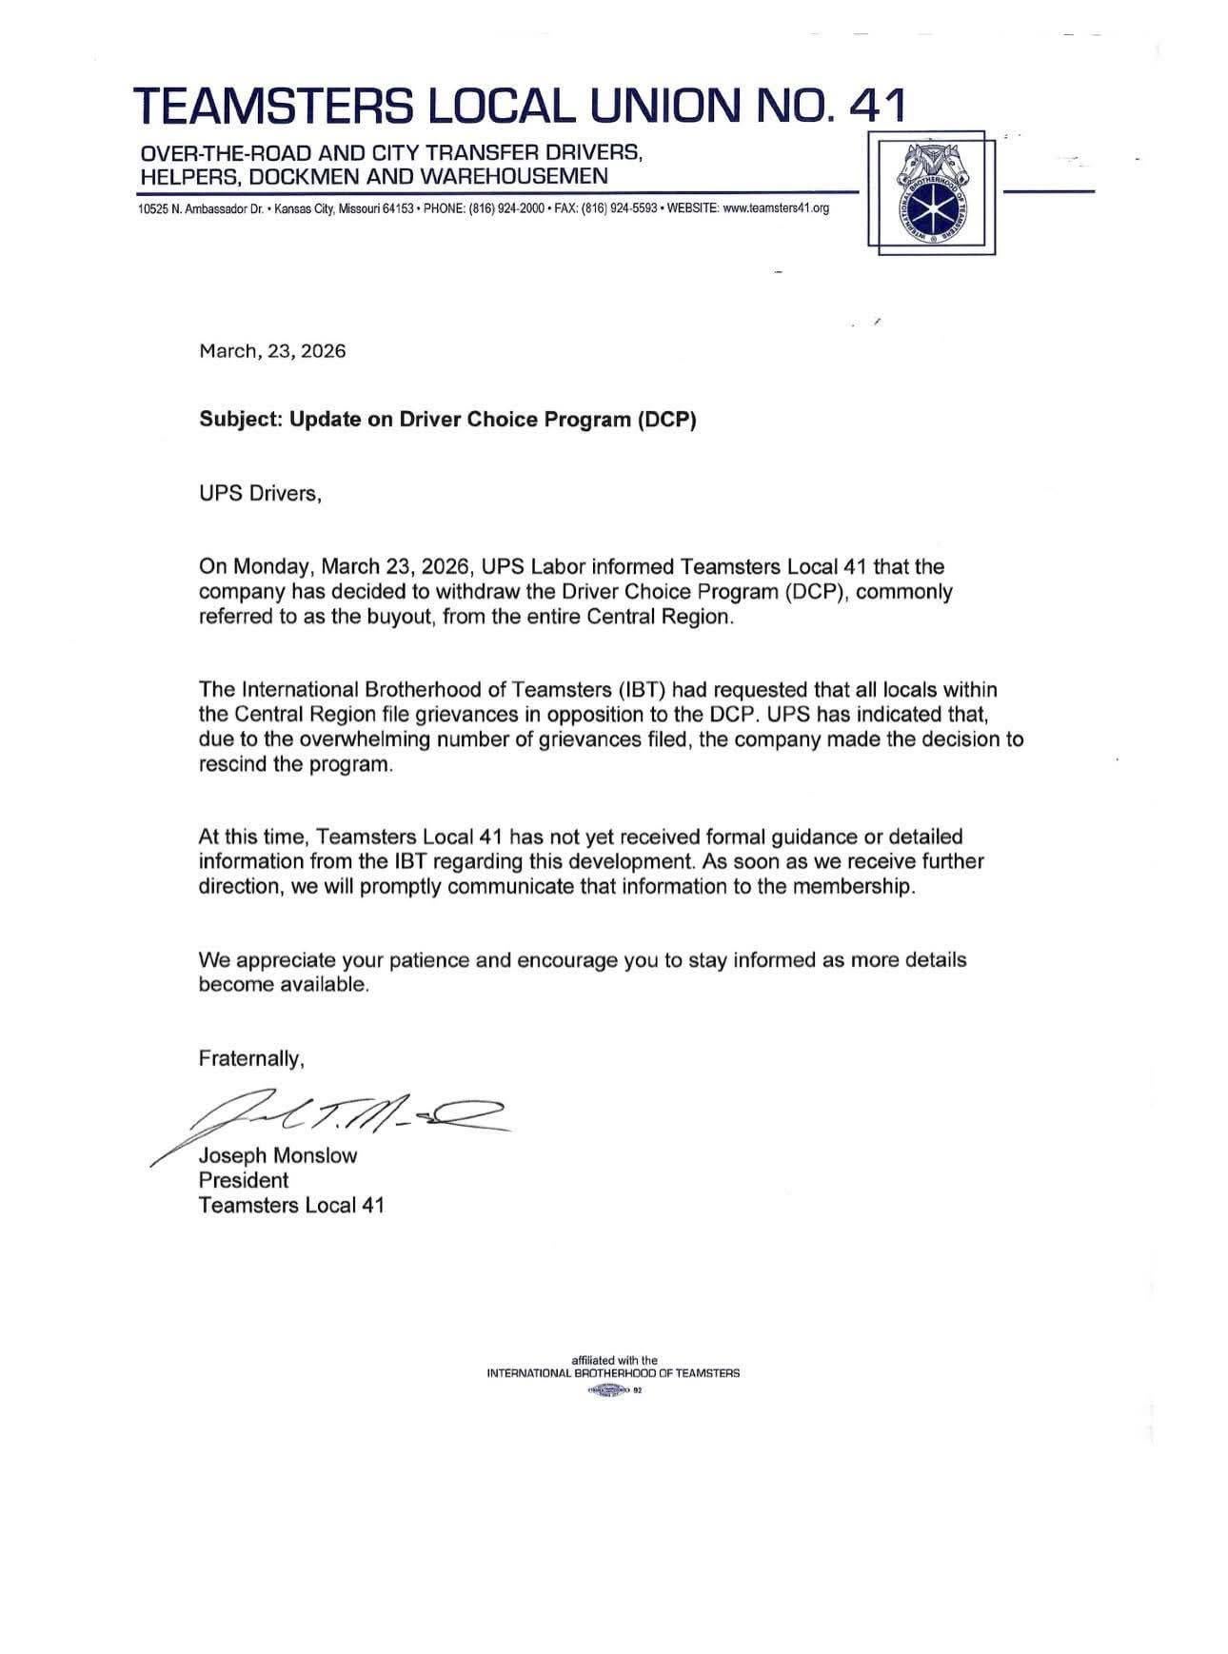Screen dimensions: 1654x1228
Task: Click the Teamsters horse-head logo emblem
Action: [x=932, y=193]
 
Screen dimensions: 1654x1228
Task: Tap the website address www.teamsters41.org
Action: [x=776, y=208]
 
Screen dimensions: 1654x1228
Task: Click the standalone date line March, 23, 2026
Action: [x=272, y=351]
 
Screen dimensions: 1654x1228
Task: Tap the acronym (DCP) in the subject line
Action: [x=666, y=420]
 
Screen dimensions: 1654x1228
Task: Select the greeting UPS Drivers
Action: [x=260, y=495]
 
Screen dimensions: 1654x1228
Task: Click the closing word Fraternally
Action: [x=251, y=1058]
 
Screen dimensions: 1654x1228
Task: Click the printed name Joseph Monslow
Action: [x=278, y=1156]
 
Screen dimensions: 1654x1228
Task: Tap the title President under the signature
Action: [x=243, y=1180]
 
